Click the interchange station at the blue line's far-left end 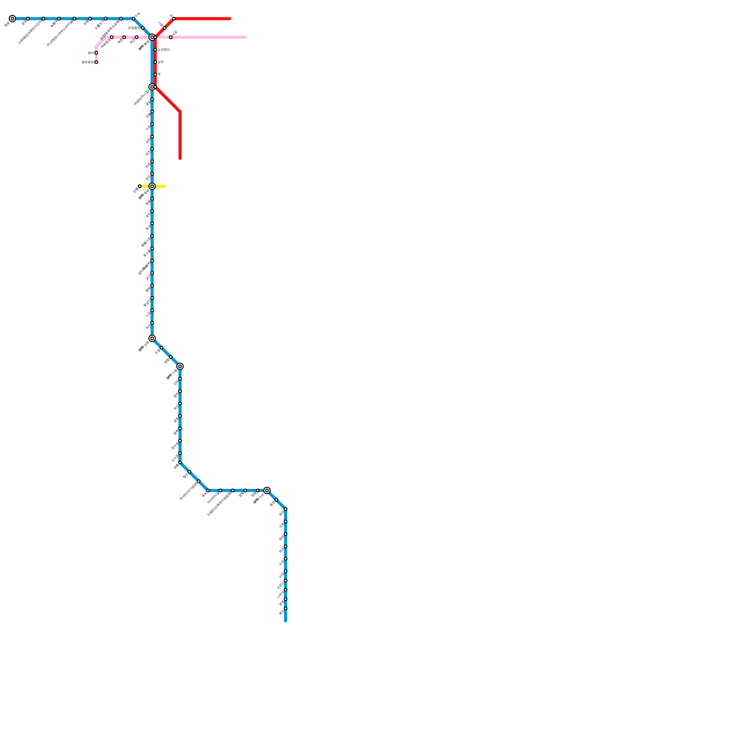click(x=13, y=19)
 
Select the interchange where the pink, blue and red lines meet click(x=152, y=37)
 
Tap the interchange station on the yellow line click(x=152, y=186)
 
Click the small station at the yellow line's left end click(x=140, y=186)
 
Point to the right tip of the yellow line click(x=165, y=186)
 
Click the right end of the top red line click(x=230, y=19)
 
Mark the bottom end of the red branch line click(x=180, y=158)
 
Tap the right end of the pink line click(x=245, y=37)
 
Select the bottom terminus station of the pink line click(x=96, y=62)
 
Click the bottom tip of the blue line click(x=286, y=621)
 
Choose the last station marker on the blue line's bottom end click(x=286, y=609)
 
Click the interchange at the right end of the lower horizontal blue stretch click(x=267, y=490)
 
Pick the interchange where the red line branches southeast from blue click(x=152, y=87)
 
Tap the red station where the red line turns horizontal click(x=174, y=19)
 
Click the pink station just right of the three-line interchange click(x=171, y=37)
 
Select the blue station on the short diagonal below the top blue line click(x=143, y=28)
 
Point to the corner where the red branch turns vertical click(x=180, y=112)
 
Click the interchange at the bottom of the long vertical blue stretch click(x=152, y=339)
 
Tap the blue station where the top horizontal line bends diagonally click(x=134, y=19)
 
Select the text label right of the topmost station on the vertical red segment click(x=163, y=49)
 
